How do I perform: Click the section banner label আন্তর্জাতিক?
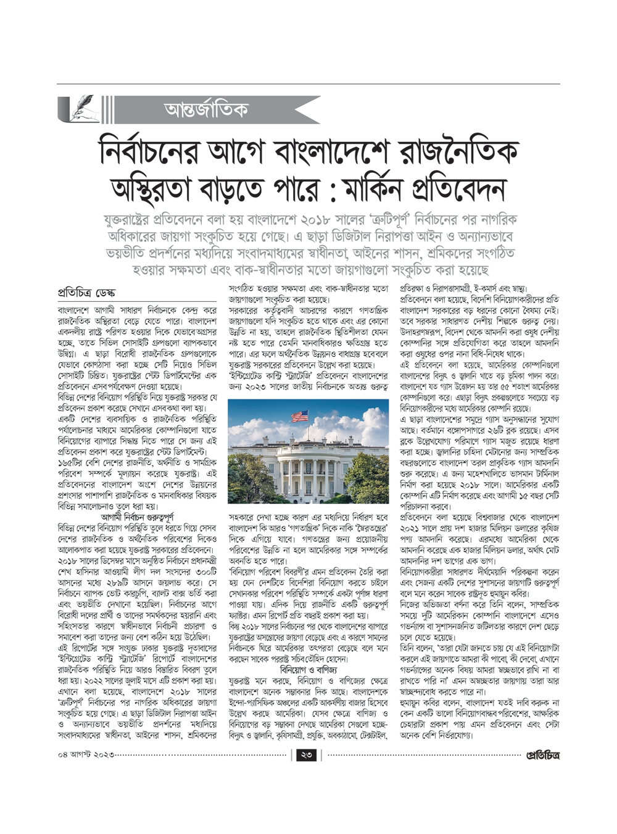pos(206,110)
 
